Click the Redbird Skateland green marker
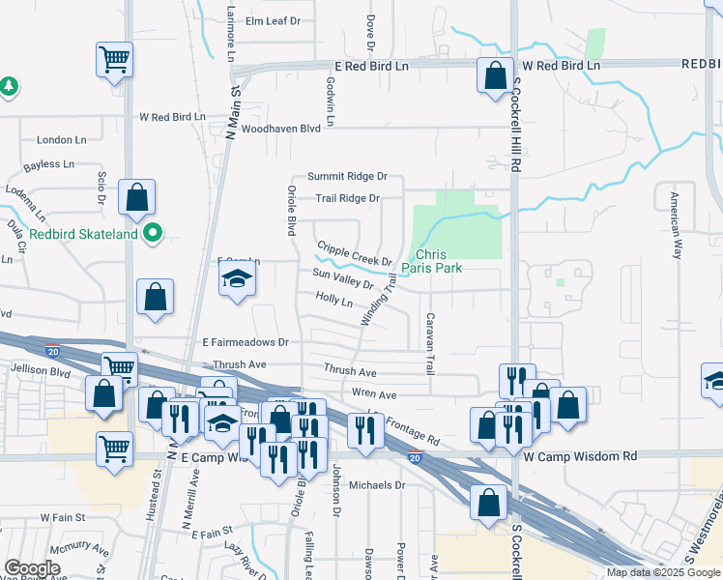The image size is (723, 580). (x=153, y=233)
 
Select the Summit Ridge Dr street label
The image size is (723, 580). (x=347, y=177)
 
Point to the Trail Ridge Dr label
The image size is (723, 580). (x=347, y=199)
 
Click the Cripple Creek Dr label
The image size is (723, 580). (x=354, y=254)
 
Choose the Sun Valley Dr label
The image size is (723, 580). (x=342, y=278)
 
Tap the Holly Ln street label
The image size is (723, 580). (x=333, y=301)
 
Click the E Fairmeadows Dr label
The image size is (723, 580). (x=246, y=342)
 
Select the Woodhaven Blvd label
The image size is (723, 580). (x=280, y=128)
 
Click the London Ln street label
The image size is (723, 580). (x=55, y=140)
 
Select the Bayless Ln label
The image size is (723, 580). (x=48, y=164)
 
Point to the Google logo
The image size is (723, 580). (x=32, y=568)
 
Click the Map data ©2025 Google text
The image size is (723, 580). (x=663, y=572)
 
